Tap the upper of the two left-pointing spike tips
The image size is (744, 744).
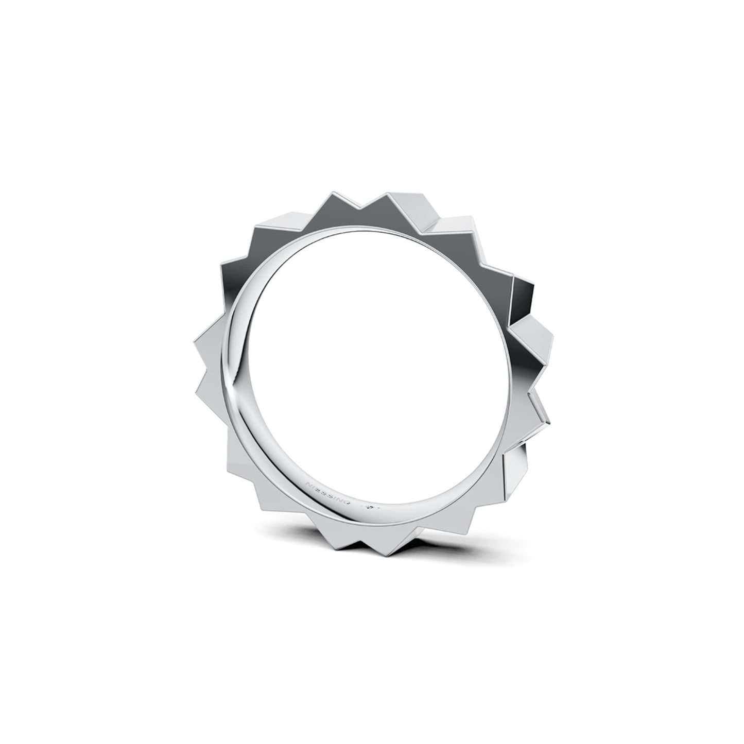(197, 340)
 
